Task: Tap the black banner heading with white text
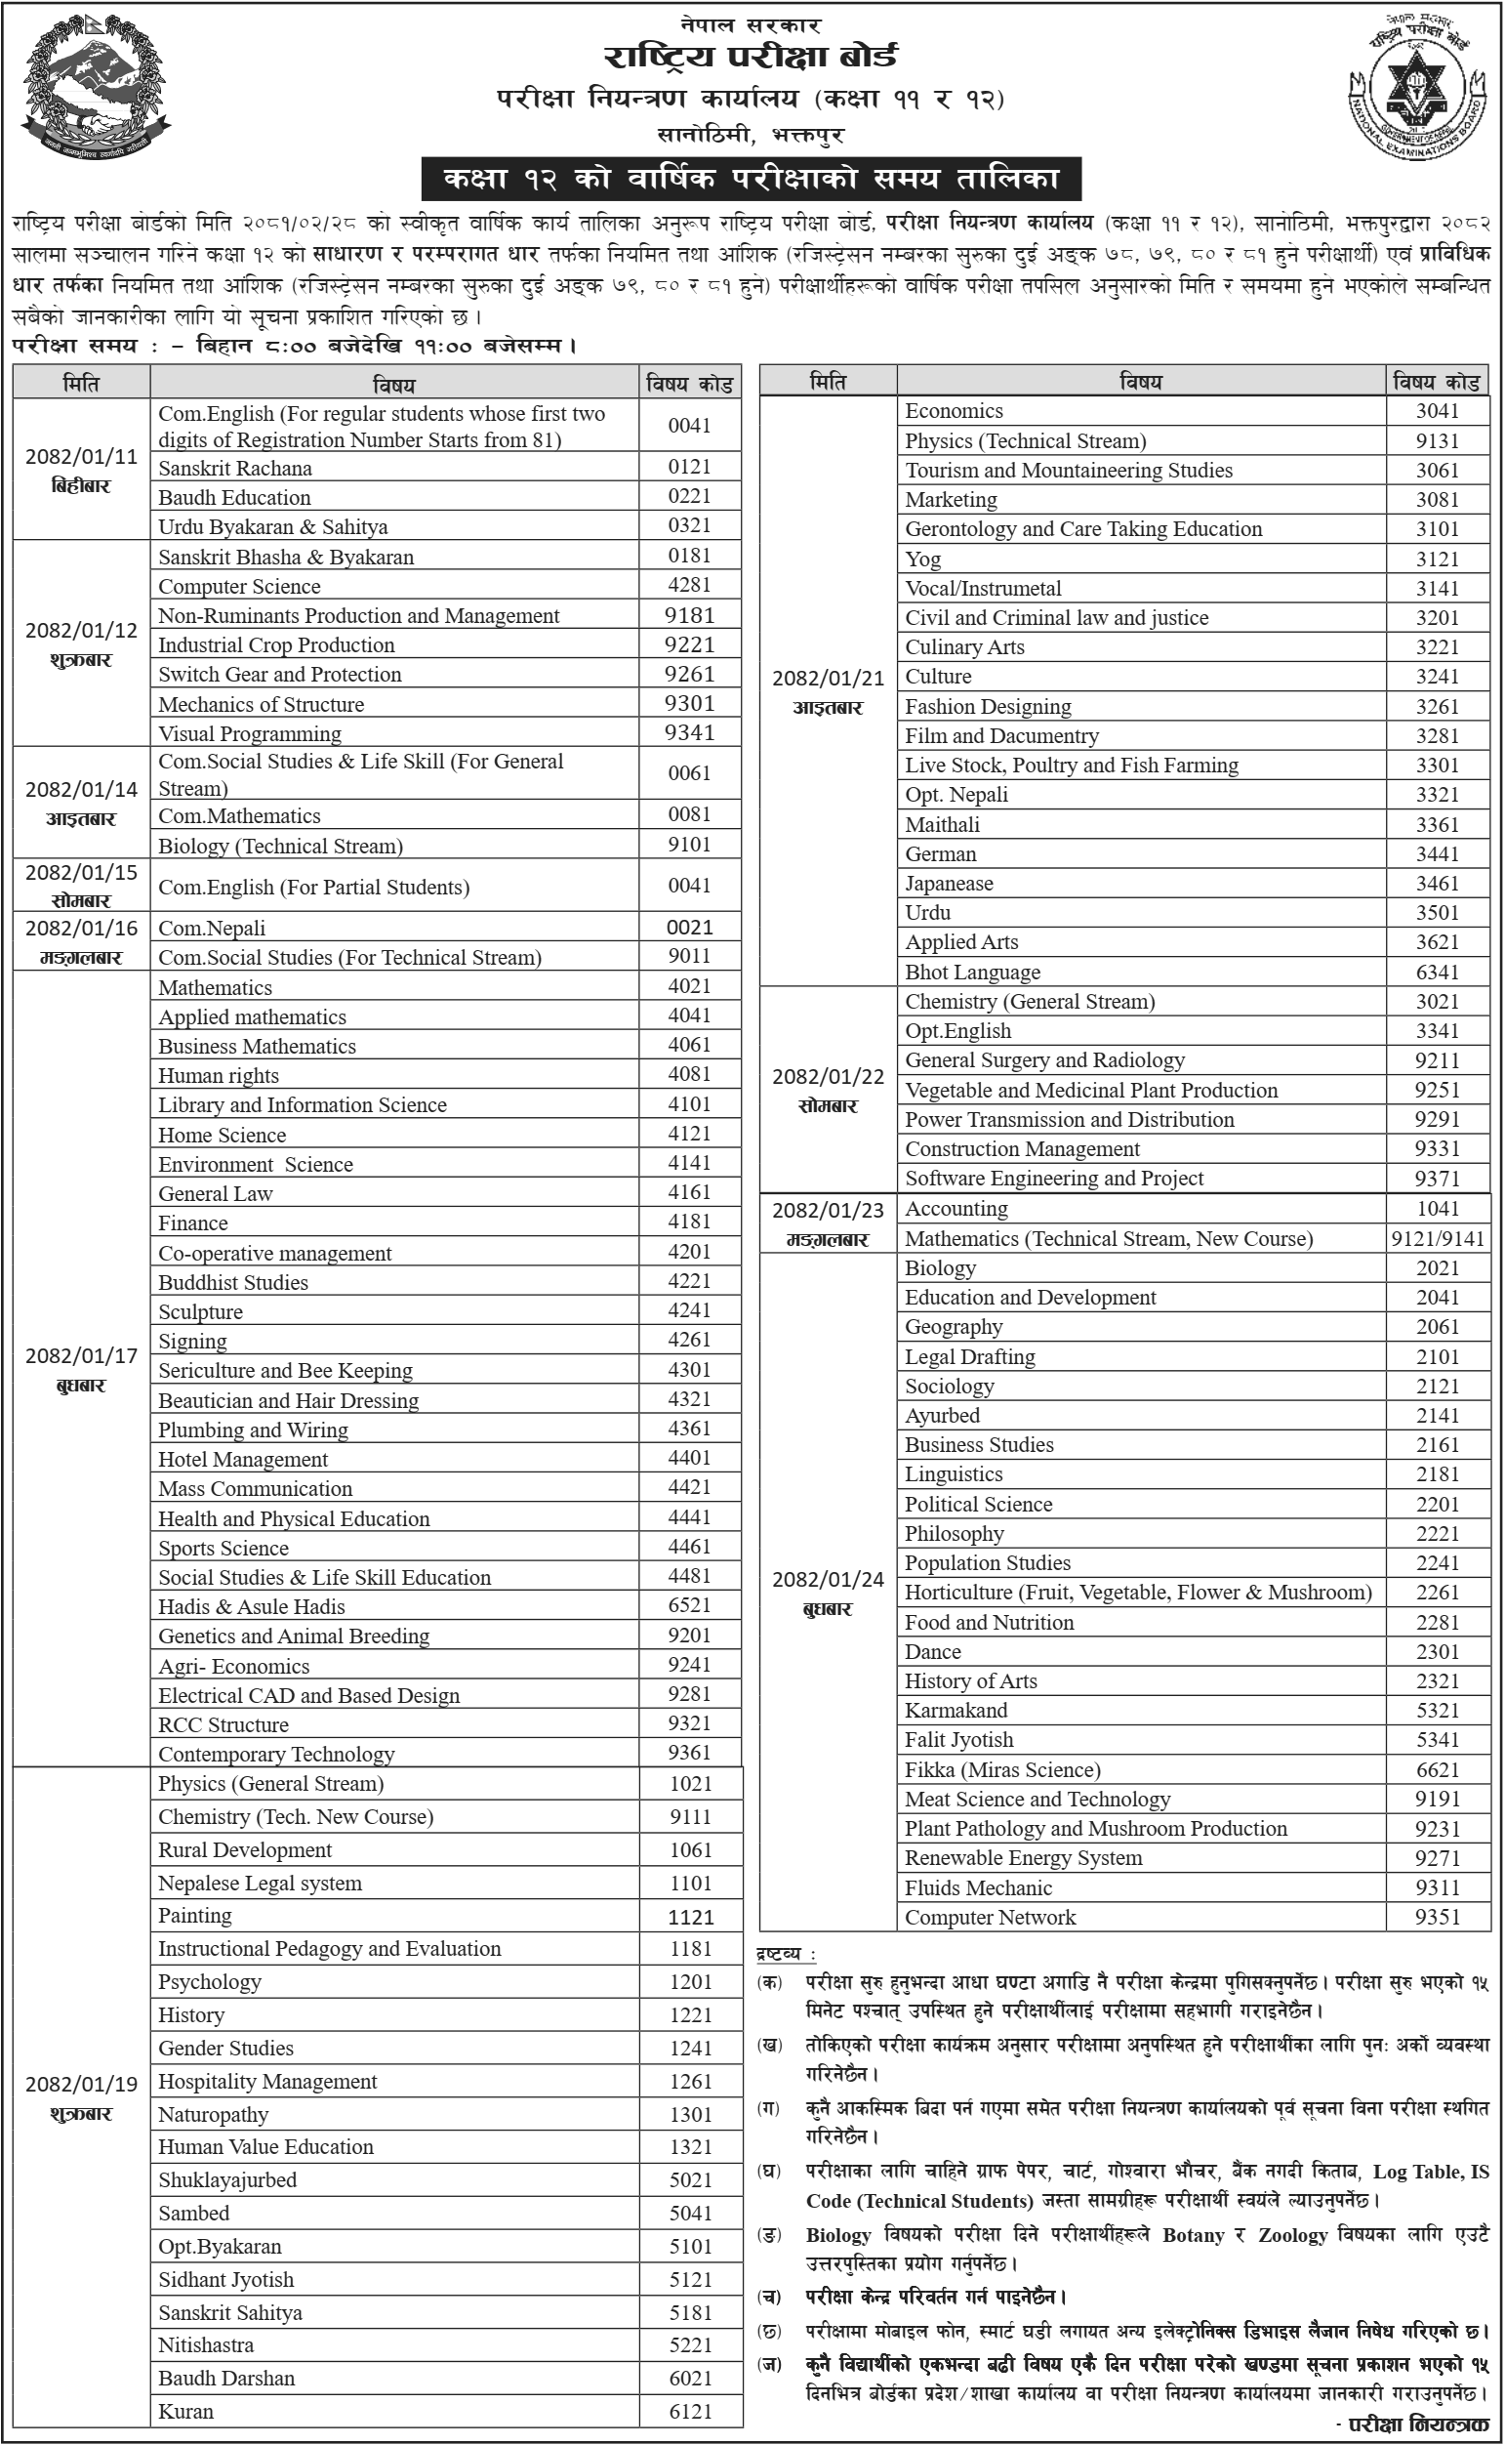tap(751, 180)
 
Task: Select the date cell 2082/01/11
tap(82, 469)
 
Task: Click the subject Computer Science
tap(239, 587)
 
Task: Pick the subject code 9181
tap(690, 615)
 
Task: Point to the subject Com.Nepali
tap(212, 928)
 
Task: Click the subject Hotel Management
tap(243, 1460)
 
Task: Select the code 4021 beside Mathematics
tap(690, 985)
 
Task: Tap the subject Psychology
tap(209, 1981)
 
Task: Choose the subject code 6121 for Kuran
tap(691, 2411)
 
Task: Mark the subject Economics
tap(954, 411)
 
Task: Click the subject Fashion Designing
tap(988, 706)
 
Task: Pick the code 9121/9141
tap(1438, 1238)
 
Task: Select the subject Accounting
tap(956, 1209)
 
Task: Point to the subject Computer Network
tap(990, 1917)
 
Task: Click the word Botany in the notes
tap(1193, 2235)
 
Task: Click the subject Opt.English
tap(957, 1030)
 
